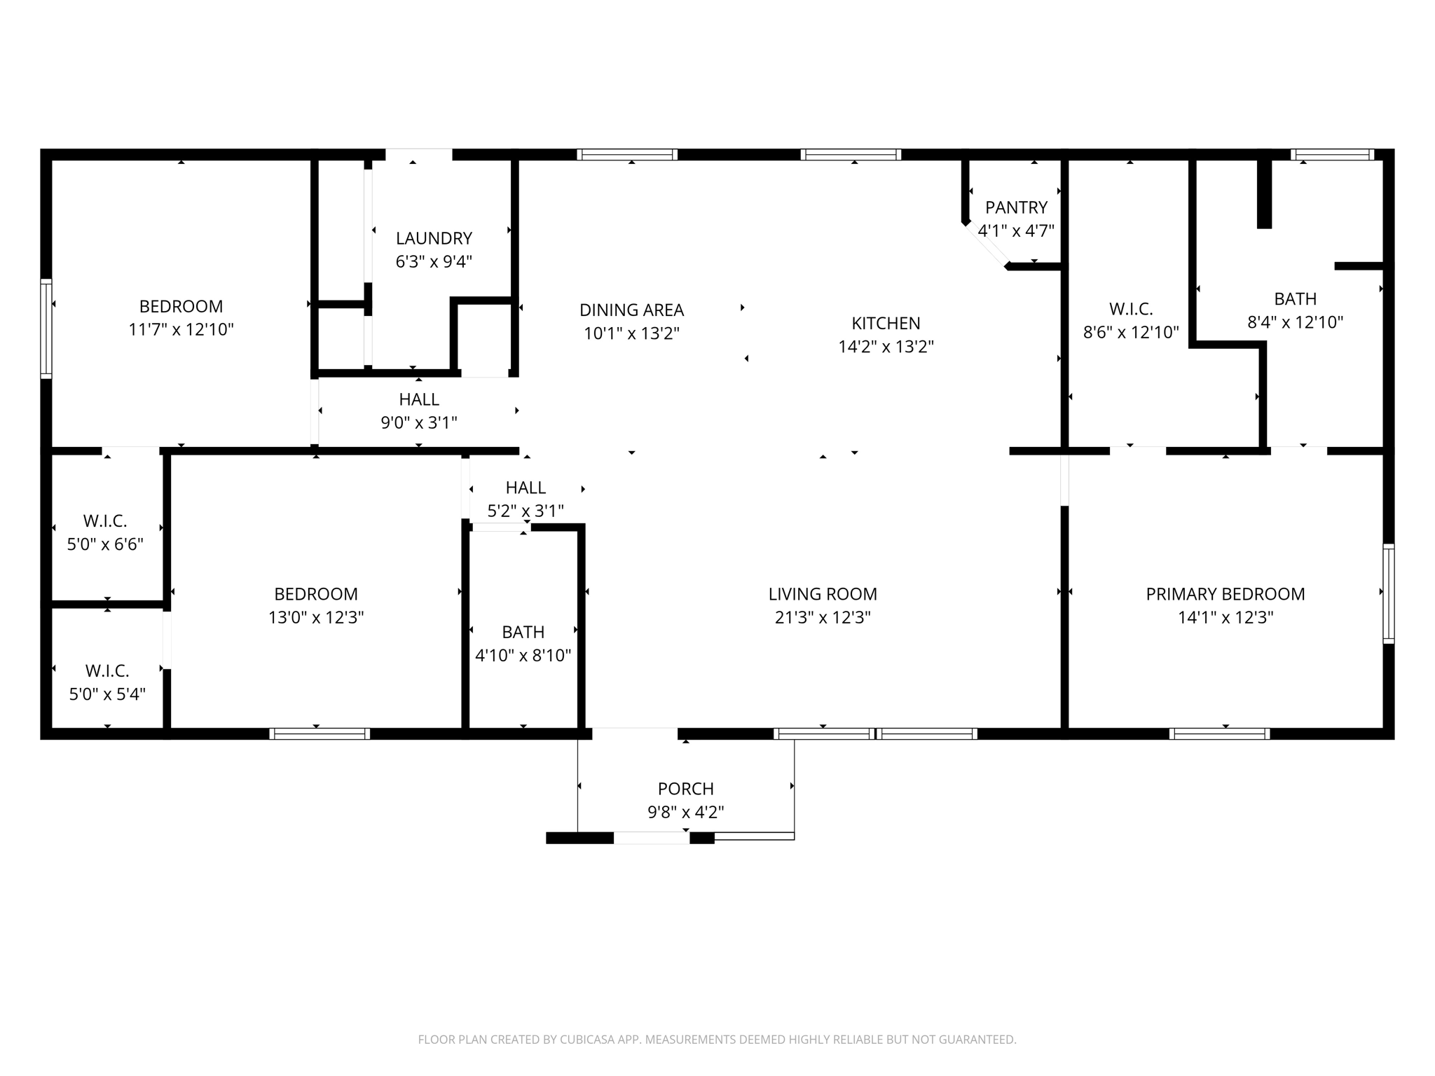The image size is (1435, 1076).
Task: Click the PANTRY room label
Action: point(1016,207)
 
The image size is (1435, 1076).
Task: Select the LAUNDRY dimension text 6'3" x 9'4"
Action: point(434,262)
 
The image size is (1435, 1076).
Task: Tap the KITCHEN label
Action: point(886,323)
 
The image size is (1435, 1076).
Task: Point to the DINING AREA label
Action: point(631,310)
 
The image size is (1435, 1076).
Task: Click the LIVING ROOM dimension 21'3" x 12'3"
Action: point(823,617)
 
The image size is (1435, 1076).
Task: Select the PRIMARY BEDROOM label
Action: point(1225,594)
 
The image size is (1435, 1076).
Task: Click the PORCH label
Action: point(685,789)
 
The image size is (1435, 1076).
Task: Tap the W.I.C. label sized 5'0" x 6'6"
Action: point(105,521)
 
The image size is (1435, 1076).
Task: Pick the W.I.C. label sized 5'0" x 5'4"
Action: point(107,671)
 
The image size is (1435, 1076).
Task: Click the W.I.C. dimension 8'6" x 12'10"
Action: point(1131,333)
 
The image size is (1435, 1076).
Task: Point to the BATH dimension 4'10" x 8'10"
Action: point(523,656)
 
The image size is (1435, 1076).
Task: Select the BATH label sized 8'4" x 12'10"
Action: point(1295,299)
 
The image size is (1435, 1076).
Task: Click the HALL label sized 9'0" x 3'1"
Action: point(419,399)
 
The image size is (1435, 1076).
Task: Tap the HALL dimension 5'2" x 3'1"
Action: point(526,511)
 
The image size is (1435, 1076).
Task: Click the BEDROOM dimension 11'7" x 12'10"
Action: point(181,330)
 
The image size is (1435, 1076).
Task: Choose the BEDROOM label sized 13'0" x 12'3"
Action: point(316,594)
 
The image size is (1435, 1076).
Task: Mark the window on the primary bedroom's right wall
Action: point(1388,593)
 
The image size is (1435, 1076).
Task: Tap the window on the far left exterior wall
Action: point(46,329)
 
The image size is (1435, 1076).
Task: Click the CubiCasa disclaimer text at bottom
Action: point(717,1040)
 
